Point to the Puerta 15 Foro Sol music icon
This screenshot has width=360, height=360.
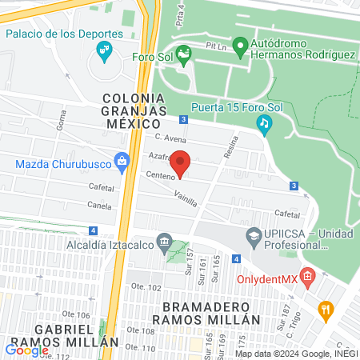point(264,123)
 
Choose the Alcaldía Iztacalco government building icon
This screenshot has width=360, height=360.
point(164,241)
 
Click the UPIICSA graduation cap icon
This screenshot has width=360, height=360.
point(253,237)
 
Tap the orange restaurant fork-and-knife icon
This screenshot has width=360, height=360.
point(326,309)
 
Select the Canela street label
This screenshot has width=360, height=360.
point(101,206)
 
